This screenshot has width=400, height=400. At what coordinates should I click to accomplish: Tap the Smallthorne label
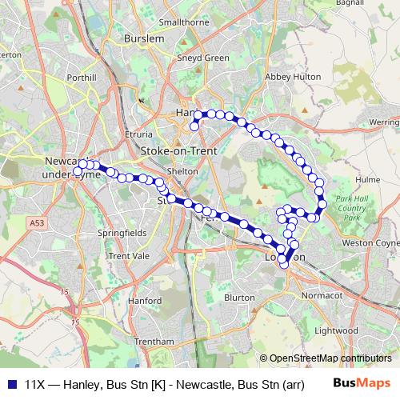(x=185, y=24)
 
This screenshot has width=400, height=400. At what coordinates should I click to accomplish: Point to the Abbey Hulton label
(x=293, y=76)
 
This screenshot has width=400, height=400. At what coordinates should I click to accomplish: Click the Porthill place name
(x=82, y=78)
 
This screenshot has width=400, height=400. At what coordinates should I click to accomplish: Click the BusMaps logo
(x=362, y=383)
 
